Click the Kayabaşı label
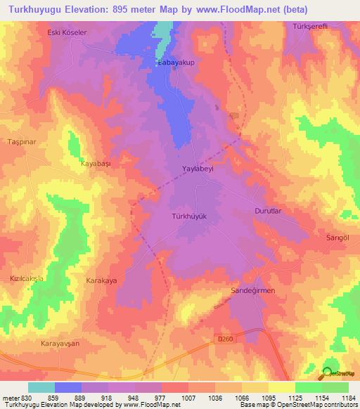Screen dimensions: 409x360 98,163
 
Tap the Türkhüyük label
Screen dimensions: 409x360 189,216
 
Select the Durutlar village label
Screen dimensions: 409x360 267,211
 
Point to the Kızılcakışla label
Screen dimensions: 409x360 27,278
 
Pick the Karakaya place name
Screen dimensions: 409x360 100,280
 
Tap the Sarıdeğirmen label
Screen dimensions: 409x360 252,290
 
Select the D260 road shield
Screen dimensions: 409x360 223,339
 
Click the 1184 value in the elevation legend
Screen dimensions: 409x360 347,398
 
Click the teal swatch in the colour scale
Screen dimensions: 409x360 41,387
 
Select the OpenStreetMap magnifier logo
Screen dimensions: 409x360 328,373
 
